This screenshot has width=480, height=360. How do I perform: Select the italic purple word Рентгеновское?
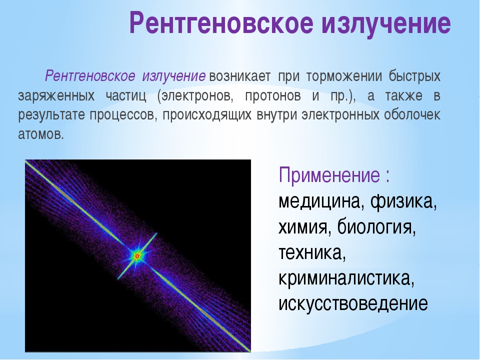click(90, 76)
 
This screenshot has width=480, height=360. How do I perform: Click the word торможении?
click(344, 76)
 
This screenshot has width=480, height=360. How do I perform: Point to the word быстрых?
click(415, 76)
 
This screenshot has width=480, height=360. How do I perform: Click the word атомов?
click(41, 134)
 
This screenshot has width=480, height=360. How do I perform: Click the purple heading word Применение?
click(329, 175)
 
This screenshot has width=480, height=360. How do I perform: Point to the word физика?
click(403, 201)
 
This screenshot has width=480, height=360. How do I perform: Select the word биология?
click(376, 227)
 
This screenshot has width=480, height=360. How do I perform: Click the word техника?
click(312, 253)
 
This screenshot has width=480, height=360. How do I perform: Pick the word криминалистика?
click(346, 278)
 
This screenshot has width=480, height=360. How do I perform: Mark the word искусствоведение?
click(353, 304)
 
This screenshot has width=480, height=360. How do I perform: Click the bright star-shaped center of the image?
click(137, 255)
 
